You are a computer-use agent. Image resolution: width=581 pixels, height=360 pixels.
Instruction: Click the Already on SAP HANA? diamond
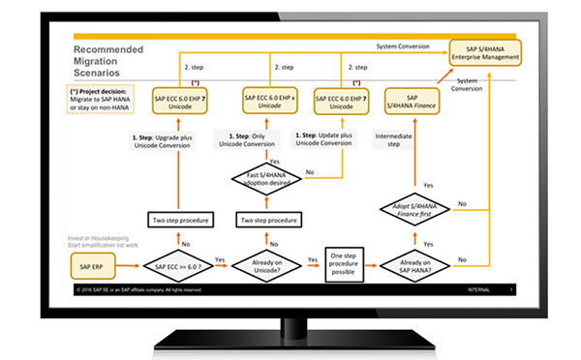(415, 265)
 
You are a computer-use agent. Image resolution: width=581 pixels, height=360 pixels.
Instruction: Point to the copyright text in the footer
(140, 289)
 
